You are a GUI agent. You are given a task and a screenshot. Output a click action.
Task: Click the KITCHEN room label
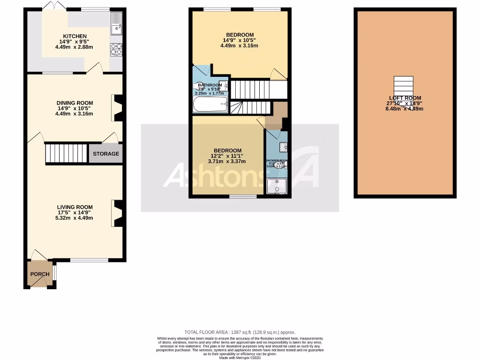[75, 36]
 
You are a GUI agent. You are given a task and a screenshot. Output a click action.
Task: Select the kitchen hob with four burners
[116, 49]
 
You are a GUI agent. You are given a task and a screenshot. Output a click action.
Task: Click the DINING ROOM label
[75, 103]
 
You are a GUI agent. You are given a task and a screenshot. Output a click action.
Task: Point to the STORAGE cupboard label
[106, 154]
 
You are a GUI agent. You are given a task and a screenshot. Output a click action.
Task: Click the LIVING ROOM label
[75, 207]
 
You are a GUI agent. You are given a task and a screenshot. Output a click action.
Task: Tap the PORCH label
[40, 274]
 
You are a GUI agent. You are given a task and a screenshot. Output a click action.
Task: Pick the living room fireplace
[117, 213]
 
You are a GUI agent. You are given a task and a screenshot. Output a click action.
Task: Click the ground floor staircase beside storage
[67, 153]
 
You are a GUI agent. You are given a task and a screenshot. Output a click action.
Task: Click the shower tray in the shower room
[277, 187]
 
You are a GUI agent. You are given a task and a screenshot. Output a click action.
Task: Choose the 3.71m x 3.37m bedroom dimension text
[227, 162]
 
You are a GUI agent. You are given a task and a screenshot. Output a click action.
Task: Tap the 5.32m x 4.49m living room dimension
[75, 217]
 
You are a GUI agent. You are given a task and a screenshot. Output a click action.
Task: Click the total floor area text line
[240, 332]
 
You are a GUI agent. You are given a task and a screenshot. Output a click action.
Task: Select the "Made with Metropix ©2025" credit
[240, 358]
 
